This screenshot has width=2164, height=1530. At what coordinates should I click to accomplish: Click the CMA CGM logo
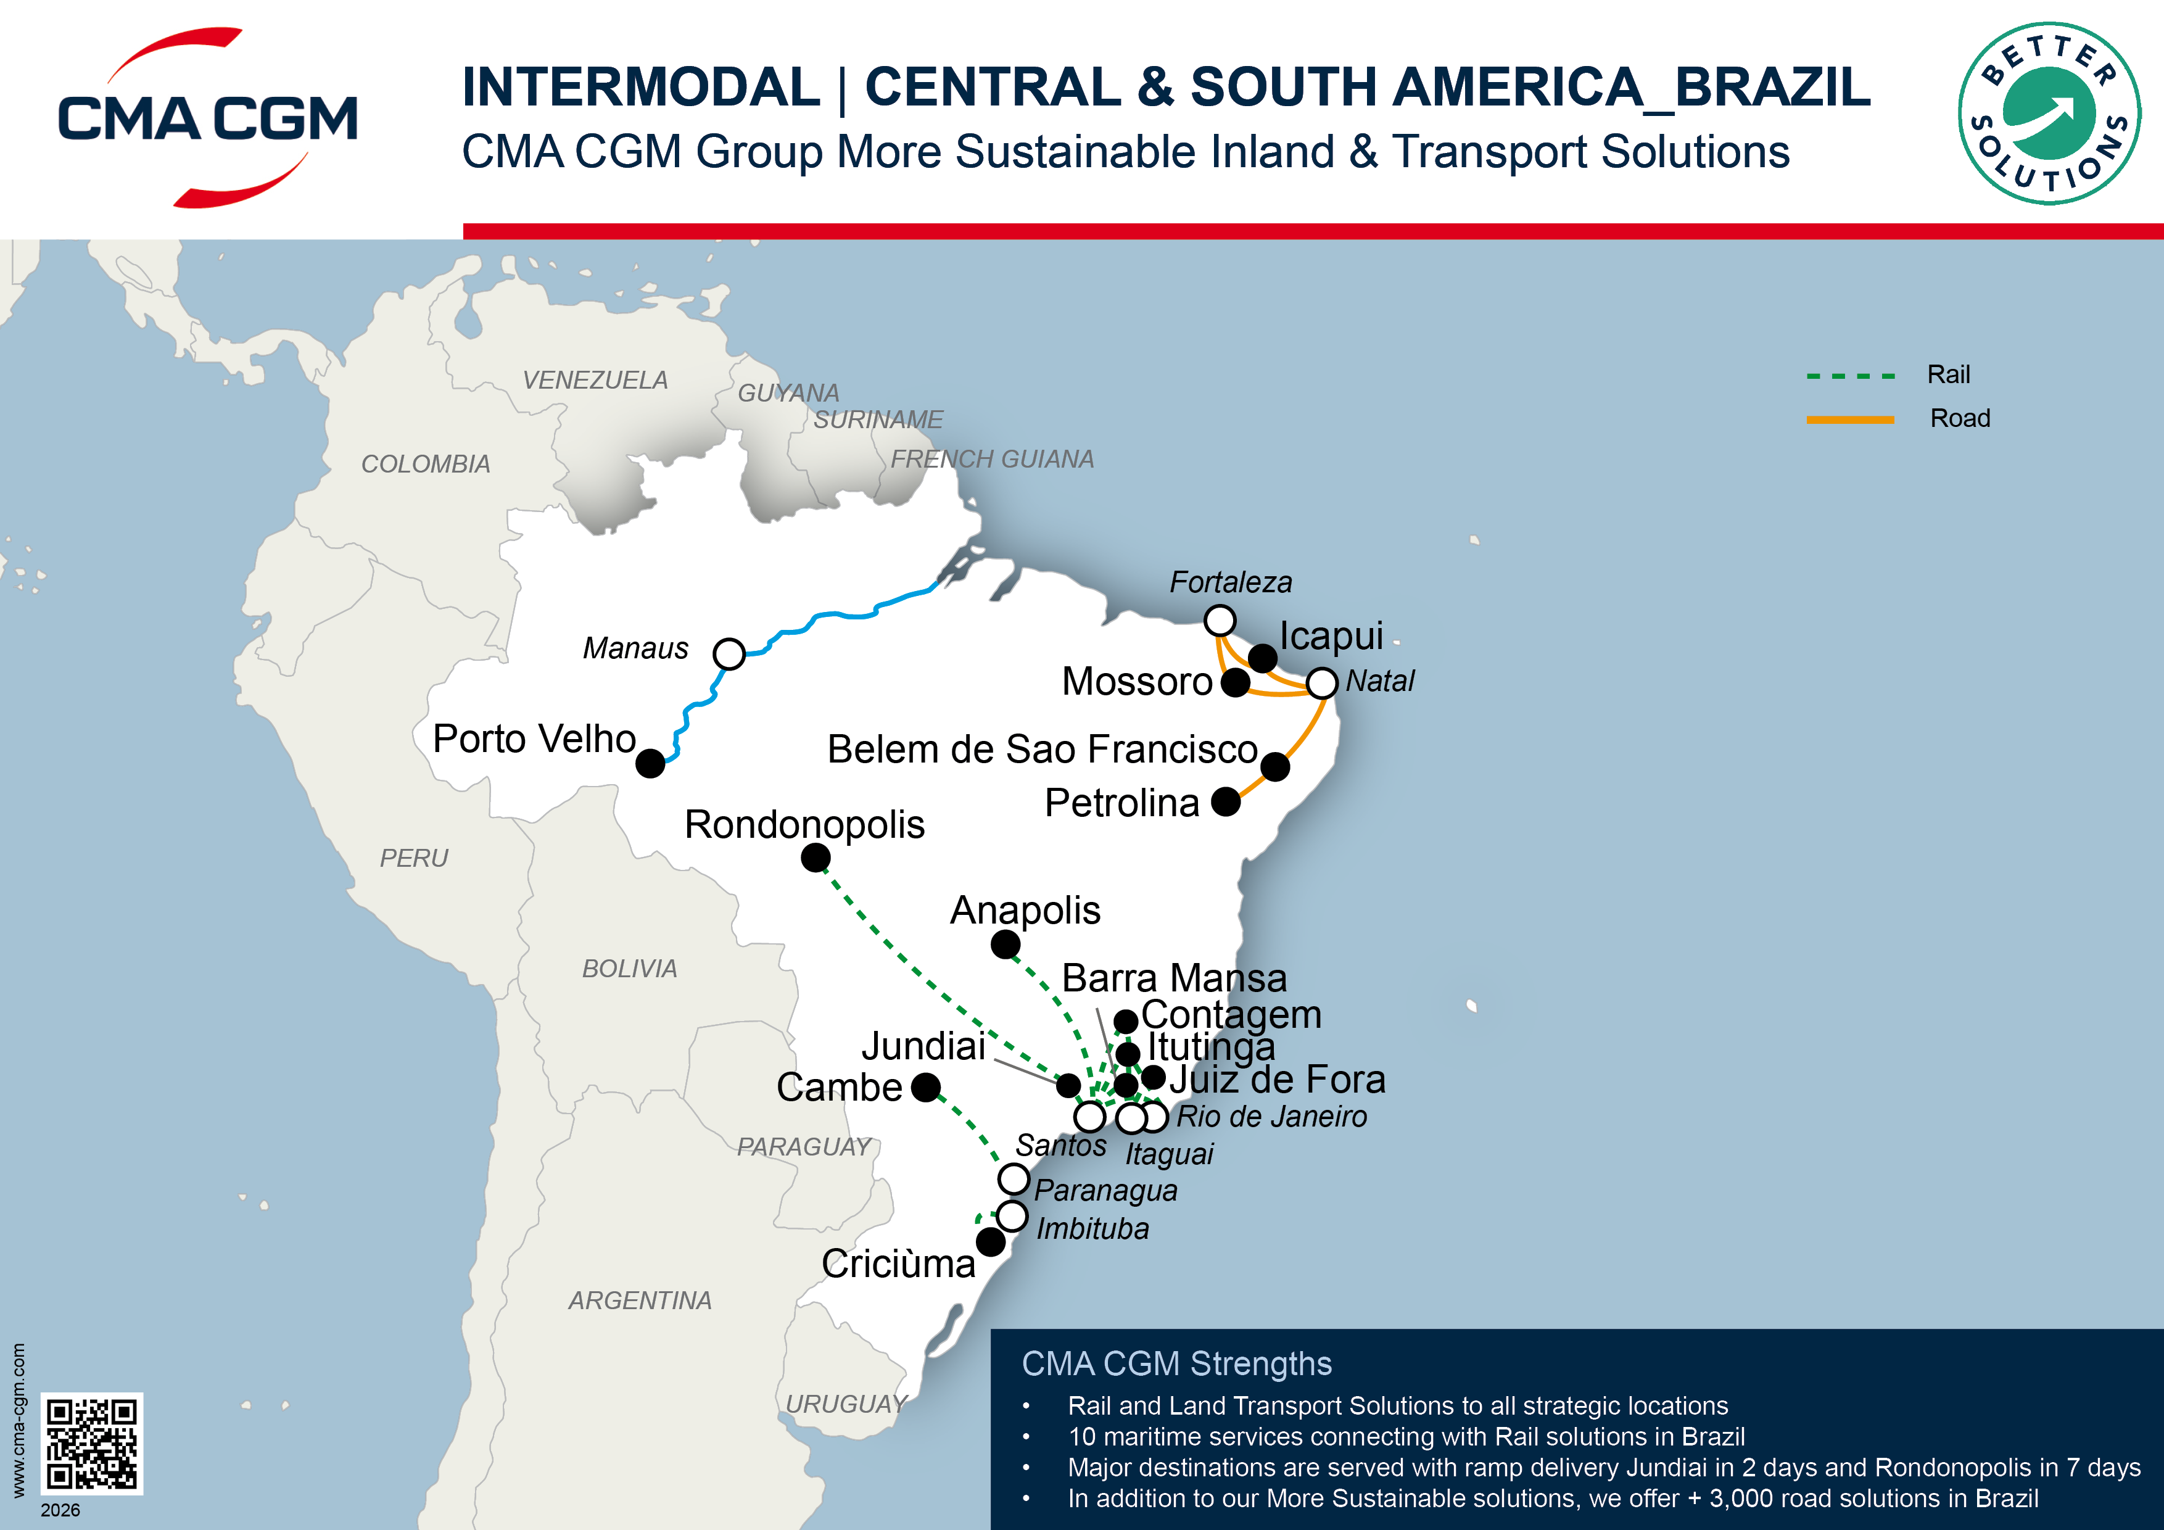(x=207, y=118)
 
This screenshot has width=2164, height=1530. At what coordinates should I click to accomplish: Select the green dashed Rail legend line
(x=1849, y=376)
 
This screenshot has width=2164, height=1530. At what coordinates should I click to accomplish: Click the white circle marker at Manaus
(x=729, y=653)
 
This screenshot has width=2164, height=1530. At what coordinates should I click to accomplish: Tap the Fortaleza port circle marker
(x=1220, y=620)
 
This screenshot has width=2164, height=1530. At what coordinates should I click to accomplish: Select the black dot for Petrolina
(x=1225, y=801)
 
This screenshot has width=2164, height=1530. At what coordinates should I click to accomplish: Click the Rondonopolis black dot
(x=816, y=858)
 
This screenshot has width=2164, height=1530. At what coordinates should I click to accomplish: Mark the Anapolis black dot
(x=1005, y=944)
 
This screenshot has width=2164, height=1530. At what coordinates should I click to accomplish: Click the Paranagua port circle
(x=1013, y=1178)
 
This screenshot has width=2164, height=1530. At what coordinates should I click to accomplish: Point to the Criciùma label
(x=898, y=1264)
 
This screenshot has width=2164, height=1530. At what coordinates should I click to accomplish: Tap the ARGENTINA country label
(x=639, y=1300)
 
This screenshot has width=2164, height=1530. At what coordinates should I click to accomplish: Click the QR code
(x=91, y=1443)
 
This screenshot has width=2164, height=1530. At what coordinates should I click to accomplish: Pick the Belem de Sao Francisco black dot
(x=1274, y=766)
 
